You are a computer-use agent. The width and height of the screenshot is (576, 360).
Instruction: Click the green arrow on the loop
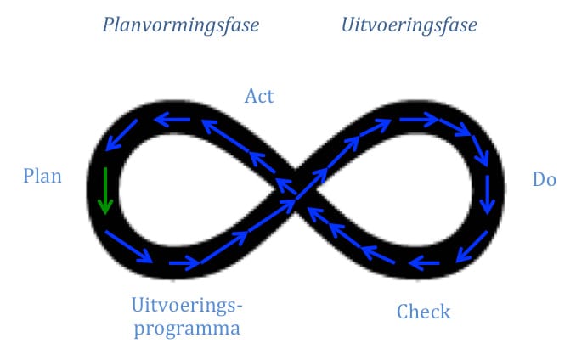pos(105,190)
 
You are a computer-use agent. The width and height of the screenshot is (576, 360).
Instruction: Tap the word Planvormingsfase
pos(181,25)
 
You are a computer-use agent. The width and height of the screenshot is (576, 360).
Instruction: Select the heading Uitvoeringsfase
pos(409,25)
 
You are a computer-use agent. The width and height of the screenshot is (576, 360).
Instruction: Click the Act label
pos(259,96)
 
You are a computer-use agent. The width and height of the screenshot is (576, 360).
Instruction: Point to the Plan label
pos(42,176)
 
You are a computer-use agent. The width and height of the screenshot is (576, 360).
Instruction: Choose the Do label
pos(545,179)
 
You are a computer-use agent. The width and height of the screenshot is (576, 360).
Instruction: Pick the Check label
pos(424,312)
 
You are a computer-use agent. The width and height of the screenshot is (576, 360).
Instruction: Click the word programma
pos(187,329)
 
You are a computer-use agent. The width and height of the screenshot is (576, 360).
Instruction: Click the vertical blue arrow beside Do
pos(488,194)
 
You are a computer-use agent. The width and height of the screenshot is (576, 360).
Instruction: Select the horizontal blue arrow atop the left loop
pos(172,120)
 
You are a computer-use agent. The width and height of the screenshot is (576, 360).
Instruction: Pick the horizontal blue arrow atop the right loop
pos(419,120)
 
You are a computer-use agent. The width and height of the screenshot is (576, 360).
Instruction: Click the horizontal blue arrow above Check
pos(424,263)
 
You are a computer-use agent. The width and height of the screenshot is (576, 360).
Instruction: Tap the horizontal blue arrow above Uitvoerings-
pos(184,263)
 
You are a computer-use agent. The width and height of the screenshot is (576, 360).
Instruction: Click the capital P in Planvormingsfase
pos(109,25)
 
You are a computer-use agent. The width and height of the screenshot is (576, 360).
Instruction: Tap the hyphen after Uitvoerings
pos(239,305)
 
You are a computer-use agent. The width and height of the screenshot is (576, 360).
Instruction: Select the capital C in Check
pos(403,312)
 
